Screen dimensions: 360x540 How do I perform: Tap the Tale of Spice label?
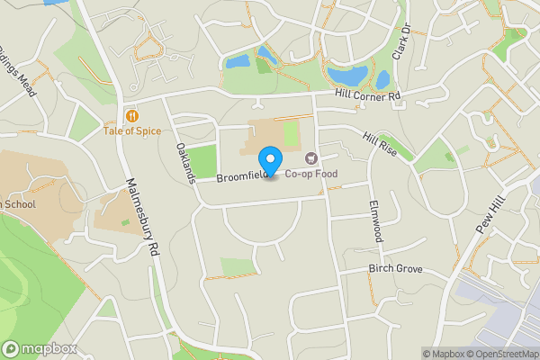132,131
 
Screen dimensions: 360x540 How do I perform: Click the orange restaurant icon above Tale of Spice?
132,116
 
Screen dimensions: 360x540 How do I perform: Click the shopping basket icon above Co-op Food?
312,158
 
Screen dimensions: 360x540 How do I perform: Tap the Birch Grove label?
394,269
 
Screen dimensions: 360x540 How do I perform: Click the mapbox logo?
38,348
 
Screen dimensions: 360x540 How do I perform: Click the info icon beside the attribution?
427,354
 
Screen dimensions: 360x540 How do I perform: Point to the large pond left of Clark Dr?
346,74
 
